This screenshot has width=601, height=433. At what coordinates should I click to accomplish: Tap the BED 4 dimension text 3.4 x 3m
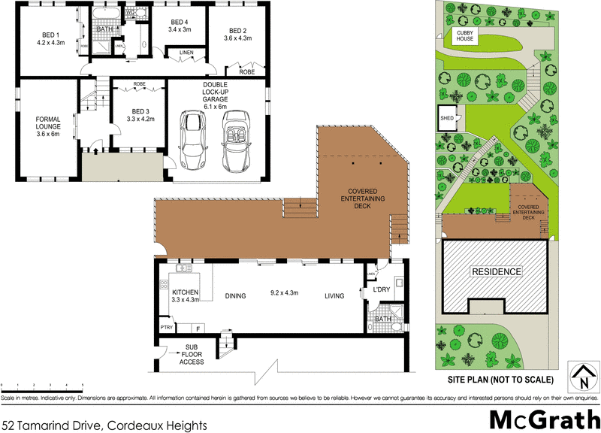(x=181, y=30)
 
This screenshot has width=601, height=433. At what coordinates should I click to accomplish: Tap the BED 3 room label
(x=140, y=111)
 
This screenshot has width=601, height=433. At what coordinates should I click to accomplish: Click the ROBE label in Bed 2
(x=246, y=72)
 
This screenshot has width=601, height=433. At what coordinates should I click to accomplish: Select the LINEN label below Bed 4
(x=186, y=52)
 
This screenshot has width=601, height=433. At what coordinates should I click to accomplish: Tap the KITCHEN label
(x=185, y=292)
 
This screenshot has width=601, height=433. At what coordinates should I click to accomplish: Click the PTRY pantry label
(x=167, y=328)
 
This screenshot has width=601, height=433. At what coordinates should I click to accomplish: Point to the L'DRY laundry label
(x=382, y=289)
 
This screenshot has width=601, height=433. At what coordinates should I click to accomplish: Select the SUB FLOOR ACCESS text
(x=191, y=355)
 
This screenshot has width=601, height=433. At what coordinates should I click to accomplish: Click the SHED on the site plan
(x=447, y=118)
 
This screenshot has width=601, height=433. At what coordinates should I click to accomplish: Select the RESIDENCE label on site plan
(x=495, y=271)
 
